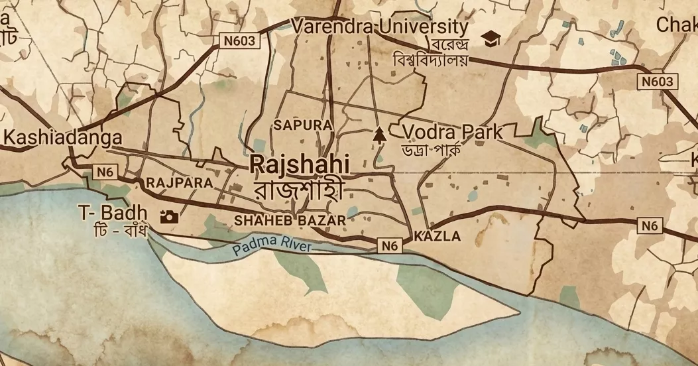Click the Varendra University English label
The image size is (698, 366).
coord(380,27)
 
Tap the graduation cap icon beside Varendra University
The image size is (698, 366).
coord(491,39)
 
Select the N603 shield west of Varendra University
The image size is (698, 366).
coord(239,41)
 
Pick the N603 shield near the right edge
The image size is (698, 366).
coord(658,82)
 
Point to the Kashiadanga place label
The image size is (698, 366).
coord(63,138)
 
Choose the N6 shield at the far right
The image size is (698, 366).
coord(650,226)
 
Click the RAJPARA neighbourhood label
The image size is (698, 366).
coord(179,182)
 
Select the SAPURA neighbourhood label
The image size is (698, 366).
coord(302,125)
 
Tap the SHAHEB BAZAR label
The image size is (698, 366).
coord(290,220)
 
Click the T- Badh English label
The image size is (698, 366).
coord(113,213)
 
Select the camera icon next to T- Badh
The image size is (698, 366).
coord(169,217)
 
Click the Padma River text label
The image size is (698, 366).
coord(272,248)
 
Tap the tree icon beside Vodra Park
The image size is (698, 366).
coord(379,135)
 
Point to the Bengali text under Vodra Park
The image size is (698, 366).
coord(431,149)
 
